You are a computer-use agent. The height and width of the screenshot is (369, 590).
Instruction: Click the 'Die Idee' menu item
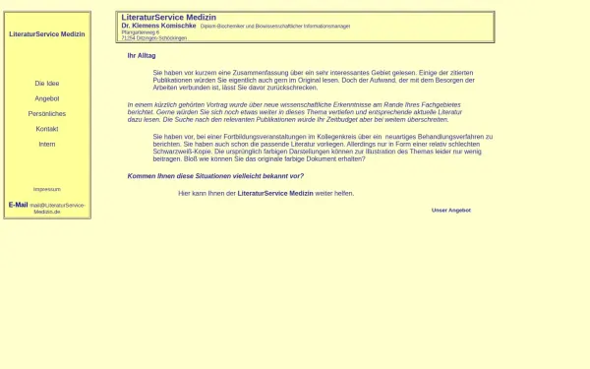coord(46,84)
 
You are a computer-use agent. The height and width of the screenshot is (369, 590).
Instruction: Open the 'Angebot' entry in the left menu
coord(46,98)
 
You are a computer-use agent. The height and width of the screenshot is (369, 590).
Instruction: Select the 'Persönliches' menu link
coord(46,114)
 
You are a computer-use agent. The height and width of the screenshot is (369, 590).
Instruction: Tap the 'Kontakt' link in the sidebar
coord(46,129)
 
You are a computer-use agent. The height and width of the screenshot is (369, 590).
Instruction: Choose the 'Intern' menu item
coord(46,145)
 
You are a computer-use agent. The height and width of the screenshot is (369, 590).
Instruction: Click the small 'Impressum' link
coord(46,189)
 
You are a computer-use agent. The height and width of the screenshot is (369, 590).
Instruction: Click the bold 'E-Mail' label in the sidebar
coord(18,205)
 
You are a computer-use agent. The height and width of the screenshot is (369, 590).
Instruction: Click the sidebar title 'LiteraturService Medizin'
coord(46,34)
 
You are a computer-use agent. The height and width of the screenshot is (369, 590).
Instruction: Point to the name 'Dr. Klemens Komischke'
coord(158,26)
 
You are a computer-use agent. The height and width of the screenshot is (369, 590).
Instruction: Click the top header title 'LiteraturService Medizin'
coord(168,18)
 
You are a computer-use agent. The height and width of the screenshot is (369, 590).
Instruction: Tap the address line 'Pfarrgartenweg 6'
coord(140,31)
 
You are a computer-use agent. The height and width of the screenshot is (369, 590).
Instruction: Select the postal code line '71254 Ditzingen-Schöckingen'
coord(153,37)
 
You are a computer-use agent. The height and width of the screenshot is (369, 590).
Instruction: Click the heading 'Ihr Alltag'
coord(142,56)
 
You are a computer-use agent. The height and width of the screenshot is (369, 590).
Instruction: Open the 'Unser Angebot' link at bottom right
coord(450,210)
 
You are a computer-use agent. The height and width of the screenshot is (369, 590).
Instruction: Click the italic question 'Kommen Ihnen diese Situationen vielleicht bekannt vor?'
coord(215,176)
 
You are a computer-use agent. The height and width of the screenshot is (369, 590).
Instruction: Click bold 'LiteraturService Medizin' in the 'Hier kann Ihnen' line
coord(275,194)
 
